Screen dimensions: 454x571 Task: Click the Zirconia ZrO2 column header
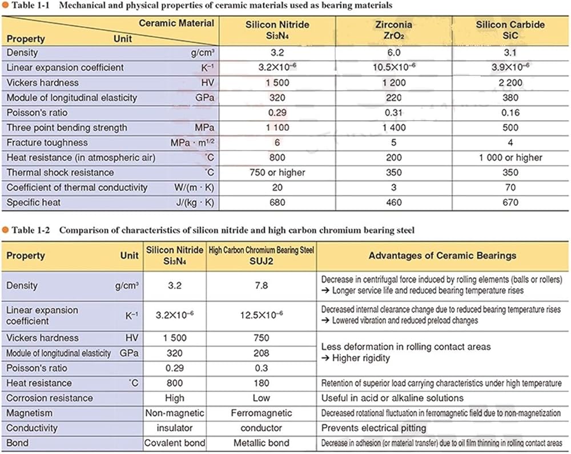(393, 30)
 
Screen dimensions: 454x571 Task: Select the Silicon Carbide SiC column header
(510, 30)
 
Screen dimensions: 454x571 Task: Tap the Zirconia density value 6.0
(393, 53)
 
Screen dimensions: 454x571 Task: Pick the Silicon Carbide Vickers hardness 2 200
(510, 83)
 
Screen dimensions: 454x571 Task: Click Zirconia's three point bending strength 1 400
(393, 128)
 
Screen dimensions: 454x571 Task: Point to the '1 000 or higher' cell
(510, 157)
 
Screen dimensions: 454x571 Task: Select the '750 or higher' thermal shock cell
(278, 172)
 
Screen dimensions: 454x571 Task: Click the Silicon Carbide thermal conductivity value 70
(510, 188)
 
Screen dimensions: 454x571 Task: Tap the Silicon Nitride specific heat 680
(278, 202)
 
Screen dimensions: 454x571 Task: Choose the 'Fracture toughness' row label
(47, 142)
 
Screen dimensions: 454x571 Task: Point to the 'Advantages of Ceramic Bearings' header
(442, 256)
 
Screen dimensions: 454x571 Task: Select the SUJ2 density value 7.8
(261, 285)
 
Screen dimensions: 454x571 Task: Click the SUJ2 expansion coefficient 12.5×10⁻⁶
(261, 315)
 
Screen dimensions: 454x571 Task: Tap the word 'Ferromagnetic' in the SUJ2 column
(261, 413)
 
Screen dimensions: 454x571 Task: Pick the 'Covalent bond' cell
(174, 443)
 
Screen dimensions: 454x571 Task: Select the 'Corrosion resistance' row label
(50, 398)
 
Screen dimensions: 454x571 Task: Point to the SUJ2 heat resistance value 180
(261, 383)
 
